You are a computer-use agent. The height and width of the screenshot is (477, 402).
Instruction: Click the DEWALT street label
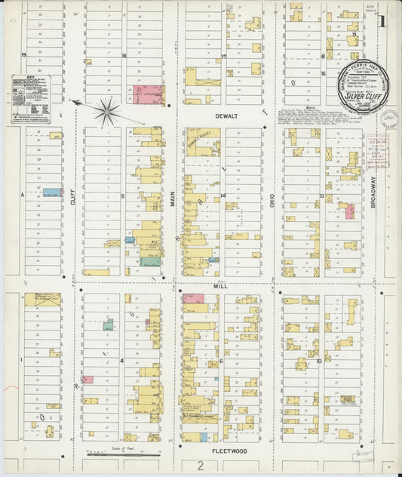click(226, 116)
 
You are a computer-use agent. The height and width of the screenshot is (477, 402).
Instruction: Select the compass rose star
click(106, 112)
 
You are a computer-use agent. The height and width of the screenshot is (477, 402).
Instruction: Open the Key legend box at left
click(35, 99)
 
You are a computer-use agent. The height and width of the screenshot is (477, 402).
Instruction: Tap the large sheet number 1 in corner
click(382, 22)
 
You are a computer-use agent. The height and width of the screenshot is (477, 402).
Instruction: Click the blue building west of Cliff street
click(52, 193)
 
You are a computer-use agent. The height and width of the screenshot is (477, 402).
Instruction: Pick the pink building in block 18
click(149, 94)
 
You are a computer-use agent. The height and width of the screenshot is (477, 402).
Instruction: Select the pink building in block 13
click(350, 211)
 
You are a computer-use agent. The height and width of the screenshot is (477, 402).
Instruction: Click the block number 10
click(320, 361)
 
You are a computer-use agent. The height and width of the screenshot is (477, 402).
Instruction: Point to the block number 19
click(23, 56)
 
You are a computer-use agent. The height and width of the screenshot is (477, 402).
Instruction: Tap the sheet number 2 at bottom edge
click(201, 466)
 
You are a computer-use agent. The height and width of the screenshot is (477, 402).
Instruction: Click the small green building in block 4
click(109, 325)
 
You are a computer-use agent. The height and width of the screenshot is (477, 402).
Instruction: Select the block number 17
click(224, 56)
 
